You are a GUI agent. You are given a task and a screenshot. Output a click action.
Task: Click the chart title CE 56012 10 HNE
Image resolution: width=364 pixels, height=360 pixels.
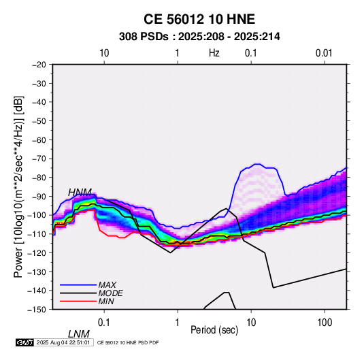199,19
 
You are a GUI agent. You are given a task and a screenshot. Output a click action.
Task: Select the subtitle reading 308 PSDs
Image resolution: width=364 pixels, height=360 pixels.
144,37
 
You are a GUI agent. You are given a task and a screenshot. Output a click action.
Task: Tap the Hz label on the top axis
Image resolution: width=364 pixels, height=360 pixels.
214,53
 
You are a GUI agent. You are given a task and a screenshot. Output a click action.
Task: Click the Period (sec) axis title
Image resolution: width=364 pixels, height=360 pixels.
214,330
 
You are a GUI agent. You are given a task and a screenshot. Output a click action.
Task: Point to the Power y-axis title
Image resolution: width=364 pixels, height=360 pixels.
18,186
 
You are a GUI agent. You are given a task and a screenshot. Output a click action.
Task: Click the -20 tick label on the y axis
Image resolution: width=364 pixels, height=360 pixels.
39,65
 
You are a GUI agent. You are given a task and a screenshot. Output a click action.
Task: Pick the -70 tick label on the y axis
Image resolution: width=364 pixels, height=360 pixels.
39,159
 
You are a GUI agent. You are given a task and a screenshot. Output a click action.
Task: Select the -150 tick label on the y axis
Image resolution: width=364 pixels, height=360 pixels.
37,310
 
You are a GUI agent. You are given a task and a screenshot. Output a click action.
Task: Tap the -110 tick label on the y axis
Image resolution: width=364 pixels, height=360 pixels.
37,234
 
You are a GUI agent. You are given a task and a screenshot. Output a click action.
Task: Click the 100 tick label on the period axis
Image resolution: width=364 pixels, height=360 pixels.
325,323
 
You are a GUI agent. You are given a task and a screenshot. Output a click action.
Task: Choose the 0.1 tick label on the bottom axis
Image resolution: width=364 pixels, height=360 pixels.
104,323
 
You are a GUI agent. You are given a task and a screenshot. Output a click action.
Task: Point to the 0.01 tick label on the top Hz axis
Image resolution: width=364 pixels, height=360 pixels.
324,53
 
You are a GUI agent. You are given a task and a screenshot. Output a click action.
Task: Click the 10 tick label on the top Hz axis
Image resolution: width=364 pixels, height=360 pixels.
104,53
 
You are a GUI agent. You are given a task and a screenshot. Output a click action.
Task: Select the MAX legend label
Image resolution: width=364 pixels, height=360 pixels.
107,285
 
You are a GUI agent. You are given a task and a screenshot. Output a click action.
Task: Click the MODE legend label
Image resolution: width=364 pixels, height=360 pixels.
110,293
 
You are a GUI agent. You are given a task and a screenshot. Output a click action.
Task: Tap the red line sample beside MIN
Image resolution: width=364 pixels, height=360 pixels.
78,301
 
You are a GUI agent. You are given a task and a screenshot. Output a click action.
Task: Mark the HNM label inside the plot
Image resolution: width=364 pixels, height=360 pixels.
80,193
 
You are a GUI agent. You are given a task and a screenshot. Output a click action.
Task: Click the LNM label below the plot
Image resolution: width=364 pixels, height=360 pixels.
78,334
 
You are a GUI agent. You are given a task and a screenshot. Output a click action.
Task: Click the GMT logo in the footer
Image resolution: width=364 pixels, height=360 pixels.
25,342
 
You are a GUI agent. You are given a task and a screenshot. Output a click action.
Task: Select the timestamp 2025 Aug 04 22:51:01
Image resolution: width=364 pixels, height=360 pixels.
63,342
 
